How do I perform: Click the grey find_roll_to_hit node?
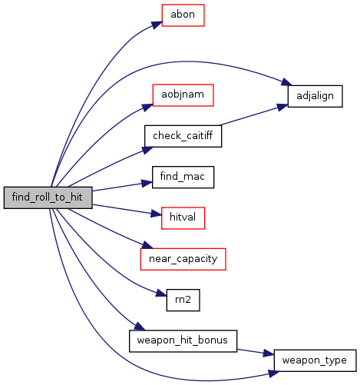coord(48,197)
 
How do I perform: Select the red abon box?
coord(183,15)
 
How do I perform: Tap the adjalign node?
coord(315,96)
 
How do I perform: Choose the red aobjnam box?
coord(183,95)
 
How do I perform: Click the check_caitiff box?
coord(183,136)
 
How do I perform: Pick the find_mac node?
coord(183,177)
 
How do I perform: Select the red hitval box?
coord(183,218)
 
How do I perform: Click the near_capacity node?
coord(183,259)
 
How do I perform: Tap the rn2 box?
coord(183,300)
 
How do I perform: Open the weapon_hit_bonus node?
coord(183,341)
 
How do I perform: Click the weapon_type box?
coord(315,360)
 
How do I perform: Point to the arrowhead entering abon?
coord(157,25)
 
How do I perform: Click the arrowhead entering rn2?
coord(162,294)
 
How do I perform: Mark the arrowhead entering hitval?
coord(157,213)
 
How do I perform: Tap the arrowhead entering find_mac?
coord(147,184)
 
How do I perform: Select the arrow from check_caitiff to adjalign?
coord(253,115)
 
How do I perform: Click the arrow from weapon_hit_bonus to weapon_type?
coord(256,352)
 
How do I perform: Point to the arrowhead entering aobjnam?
coord(148,107)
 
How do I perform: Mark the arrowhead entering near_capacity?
coord(147,245)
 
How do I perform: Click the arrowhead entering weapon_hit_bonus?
coord(140,327)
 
